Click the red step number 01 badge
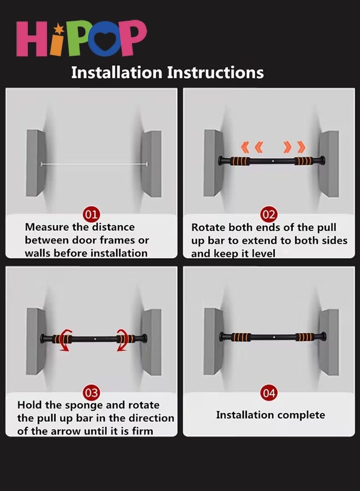(x=91, y=214)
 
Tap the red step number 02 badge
(x=269, y=214)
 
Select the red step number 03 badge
(x=91, y=393)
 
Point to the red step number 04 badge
(x=269, y=393)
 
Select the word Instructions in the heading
(x=215, y=73)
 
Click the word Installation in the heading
(x=117, y=73)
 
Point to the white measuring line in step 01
(x=94, y=164)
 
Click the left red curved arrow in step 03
(x=65, y=340)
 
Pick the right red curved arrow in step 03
(x=122, y=340)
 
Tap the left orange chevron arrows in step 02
(x=252, y=147)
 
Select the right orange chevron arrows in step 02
(x=294, y=147)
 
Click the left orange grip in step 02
(x=241, y=161)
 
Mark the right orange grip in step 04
(x=304, y=337)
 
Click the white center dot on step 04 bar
(x=274, y=337)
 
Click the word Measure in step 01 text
(x=47, y=227)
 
